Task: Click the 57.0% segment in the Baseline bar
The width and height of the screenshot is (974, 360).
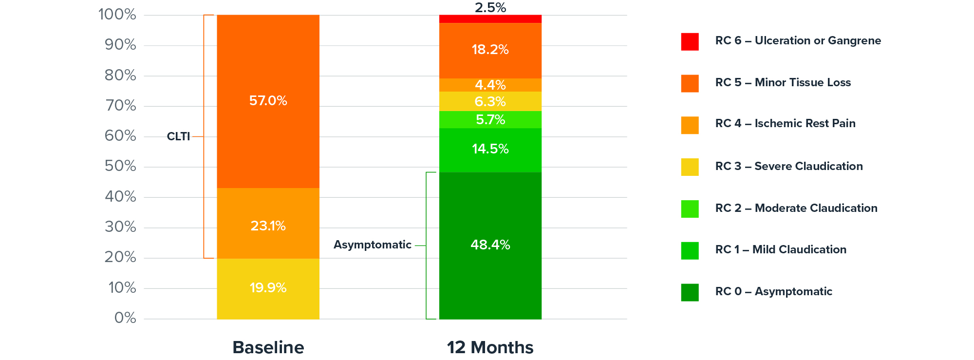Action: [268, 101]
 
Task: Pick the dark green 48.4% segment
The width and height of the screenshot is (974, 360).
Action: [490, 245]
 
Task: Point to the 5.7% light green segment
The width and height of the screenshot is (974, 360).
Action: [490, 120]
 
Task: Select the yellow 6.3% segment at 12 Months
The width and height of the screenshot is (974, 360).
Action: [490, 101]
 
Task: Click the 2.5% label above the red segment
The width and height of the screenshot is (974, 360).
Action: [490, 8]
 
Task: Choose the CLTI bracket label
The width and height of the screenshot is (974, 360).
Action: [178, 136]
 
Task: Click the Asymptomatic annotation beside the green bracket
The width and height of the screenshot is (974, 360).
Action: [373, 245]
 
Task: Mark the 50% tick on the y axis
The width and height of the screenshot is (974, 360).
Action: [120, 166]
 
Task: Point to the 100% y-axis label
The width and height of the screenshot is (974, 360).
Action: [117, 15]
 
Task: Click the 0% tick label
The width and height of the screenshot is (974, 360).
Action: [125, 318]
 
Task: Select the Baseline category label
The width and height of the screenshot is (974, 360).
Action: [268, 347]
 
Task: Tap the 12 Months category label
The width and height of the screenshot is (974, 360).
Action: [490, 347]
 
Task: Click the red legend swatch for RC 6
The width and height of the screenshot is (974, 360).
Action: [690, 41]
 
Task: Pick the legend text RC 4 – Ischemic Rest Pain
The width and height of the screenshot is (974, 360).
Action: [785, 124]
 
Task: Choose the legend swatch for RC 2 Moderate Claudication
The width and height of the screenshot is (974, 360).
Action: [690, 208]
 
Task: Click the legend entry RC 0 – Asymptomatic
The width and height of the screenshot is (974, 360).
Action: [773, 292]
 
